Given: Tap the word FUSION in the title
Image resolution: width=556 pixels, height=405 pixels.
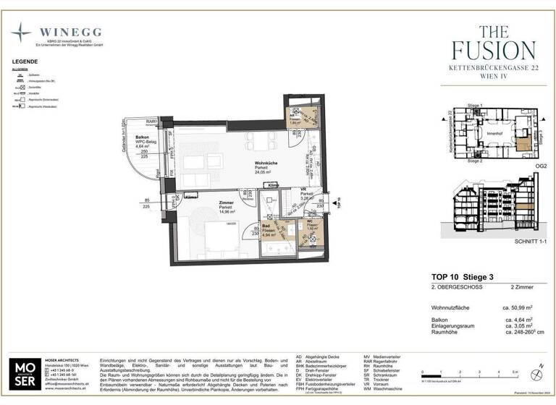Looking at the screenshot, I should click(x=493, y=50).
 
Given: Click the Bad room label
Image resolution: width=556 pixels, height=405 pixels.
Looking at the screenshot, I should click(x=266, y=226).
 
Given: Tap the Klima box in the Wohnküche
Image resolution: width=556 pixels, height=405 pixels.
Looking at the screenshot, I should click(x=274, y=185).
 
